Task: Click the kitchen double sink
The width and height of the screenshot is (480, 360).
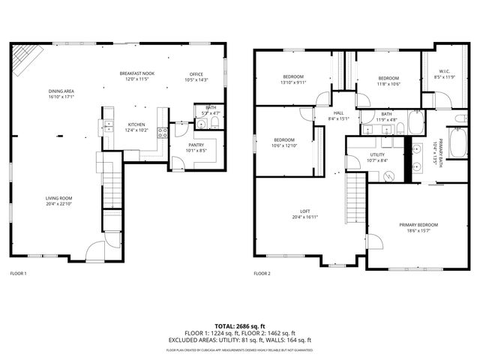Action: point(108,115)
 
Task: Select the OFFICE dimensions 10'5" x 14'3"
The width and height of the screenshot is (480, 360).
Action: point(198,80)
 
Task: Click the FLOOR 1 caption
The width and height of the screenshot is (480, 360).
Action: point(18,274)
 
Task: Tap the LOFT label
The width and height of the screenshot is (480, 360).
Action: point(305,212)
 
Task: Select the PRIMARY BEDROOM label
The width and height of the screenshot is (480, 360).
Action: point(418,225)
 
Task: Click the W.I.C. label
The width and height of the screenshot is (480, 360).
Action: point(444,72)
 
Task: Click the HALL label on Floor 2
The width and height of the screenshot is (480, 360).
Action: point(338,113)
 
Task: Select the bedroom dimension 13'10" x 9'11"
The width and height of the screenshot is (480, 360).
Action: point(293,83)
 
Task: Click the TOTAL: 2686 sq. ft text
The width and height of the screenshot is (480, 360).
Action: point(241,326)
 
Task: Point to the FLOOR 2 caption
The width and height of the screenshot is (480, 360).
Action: point(262,274)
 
